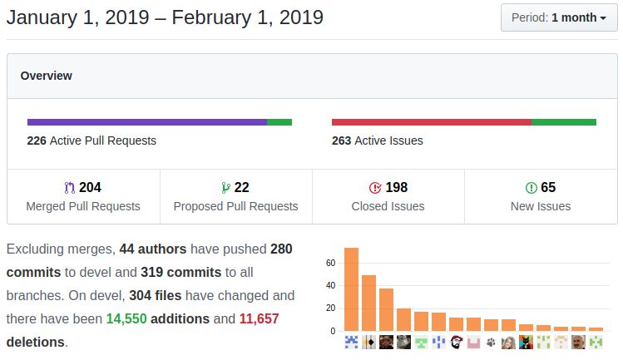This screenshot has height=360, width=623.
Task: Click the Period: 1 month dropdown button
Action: pos(559,17)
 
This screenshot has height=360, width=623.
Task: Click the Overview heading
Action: pos(46,76)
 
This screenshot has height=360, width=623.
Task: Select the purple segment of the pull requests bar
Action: pos(147,122)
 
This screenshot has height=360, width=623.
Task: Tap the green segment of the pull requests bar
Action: pos(279,122)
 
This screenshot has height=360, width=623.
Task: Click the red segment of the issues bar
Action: pos(431,122)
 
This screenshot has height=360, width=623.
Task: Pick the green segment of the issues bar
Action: pos(564,122)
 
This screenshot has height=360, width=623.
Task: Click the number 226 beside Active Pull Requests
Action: pos(37,141)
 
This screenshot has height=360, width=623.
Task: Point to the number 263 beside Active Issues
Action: pos(341,141)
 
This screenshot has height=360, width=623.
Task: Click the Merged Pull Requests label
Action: pos(83,206)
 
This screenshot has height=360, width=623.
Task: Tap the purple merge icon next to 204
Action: pos(69,188)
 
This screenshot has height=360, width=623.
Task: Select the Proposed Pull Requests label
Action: pos(235,206)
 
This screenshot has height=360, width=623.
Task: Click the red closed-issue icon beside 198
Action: pos(374,188)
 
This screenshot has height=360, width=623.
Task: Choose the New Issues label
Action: pos(541,206)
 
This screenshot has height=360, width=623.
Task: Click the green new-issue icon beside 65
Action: pos(531,188)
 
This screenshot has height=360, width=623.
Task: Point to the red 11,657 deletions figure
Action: pos(259,318)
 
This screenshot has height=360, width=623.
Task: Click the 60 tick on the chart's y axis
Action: pos(330,264)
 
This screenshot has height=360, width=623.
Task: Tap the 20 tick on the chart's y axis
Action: pos(330,308)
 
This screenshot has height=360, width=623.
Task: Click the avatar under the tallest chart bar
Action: pos(351,342)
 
